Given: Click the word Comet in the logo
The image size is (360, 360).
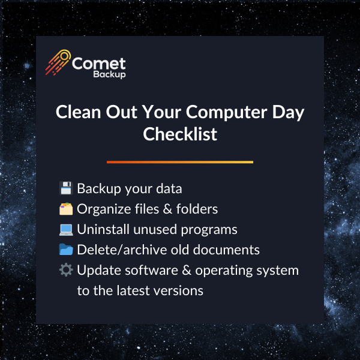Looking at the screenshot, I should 98,63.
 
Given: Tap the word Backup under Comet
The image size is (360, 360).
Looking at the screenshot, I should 109,76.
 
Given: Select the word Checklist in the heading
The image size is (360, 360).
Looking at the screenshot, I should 180,134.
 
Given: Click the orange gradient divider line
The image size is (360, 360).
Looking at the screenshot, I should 180,162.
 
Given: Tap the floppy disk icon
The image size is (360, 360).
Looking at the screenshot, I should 66,188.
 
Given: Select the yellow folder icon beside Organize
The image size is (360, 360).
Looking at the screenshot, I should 66,209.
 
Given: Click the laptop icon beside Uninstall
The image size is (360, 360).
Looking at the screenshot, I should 66,229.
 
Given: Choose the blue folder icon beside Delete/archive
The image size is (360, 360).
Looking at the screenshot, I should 66,250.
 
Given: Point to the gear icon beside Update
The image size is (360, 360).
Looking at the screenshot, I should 66,270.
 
